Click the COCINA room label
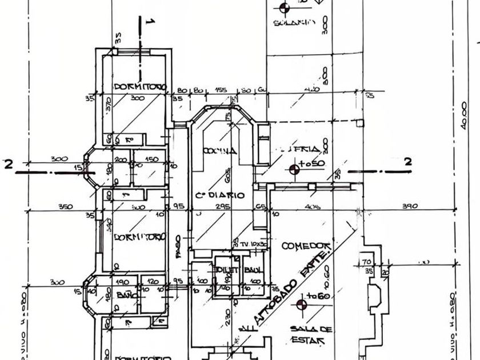[x=219, y=151]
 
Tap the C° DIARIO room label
[x=220, y=195]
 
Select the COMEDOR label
[x=307, y=245]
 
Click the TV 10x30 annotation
[x=249, y=244]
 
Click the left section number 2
[x=8, y=164]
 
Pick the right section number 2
[x=408, y=162]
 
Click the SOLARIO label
[x=294, y=23]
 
